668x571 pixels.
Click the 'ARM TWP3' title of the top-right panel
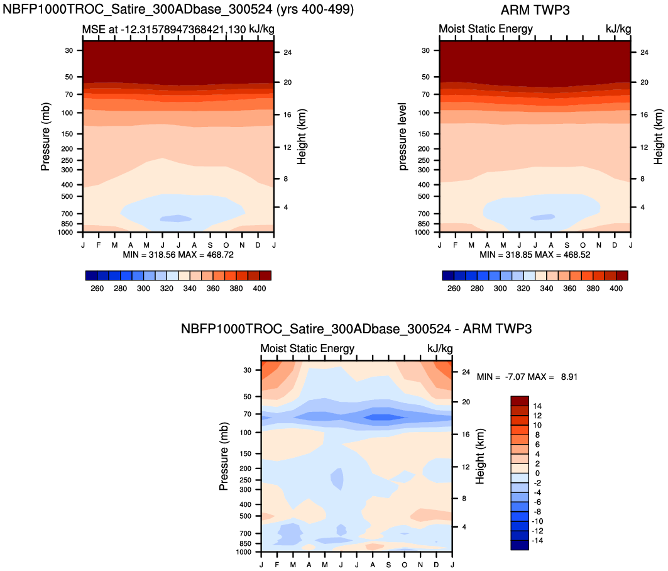[535, 10]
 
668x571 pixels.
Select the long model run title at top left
[178, 9]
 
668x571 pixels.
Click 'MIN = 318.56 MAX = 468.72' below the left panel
[178, 255]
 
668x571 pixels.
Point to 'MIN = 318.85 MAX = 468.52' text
[535, 255]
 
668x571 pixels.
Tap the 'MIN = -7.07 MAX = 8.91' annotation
[527, 377]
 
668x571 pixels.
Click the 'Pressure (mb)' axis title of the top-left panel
[45, 137]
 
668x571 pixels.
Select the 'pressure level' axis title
[402, 137]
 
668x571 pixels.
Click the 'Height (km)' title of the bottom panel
[480, 457]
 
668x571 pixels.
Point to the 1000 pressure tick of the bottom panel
[243, 552]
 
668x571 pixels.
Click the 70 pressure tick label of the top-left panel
[69, 94]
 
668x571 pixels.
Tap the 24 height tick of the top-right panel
[644, 52]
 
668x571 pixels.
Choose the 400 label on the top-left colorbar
[259, 288]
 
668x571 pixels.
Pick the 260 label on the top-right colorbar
[454, 288]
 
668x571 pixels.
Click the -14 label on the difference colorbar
[538, 541]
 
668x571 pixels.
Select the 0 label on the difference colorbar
[537, 474]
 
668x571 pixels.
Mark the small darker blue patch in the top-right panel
[543, 217]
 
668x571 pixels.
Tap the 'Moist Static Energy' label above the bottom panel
[307, 348]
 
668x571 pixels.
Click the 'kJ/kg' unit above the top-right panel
[618, 28]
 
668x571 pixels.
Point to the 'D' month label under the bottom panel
[436, 565]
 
